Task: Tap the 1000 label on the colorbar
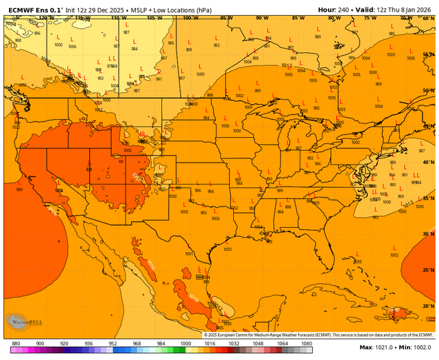185,343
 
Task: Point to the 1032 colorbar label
234,343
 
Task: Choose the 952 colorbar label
112,343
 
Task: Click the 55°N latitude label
428,53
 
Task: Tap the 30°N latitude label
428,235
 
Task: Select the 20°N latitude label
428,306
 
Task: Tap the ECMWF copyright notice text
318,334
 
